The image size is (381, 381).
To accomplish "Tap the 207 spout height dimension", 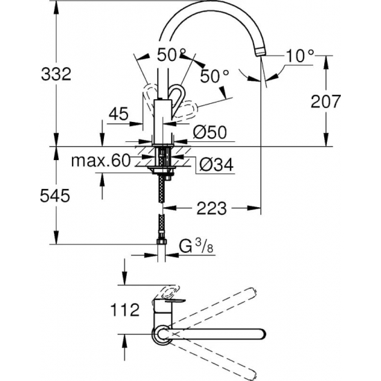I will click(326, 101).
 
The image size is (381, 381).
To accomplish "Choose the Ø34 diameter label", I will click(211, 164).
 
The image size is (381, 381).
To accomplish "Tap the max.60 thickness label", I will click(103, 162).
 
